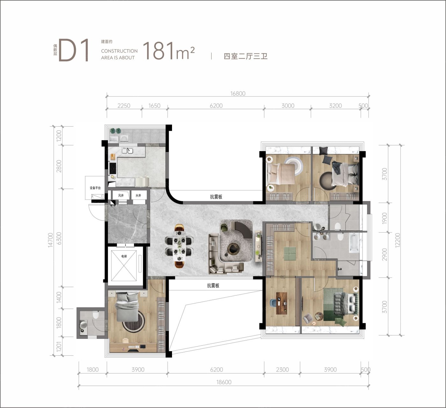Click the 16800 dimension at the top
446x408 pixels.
238,94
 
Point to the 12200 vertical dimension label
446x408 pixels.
398,240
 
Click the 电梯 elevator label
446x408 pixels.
124,256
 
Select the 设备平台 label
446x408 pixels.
95,188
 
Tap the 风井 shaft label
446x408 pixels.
121,195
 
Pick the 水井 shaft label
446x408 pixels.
138,195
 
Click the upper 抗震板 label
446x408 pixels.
216,197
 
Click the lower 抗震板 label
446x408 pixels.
213,285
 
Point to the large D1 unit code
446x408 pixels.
74,50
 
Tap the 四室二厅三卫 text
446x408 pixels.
245,56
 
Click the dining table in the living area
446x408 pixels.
180,246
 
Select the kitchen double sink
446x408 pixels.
127,151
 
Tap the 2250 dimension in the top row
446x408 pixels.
124,106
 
